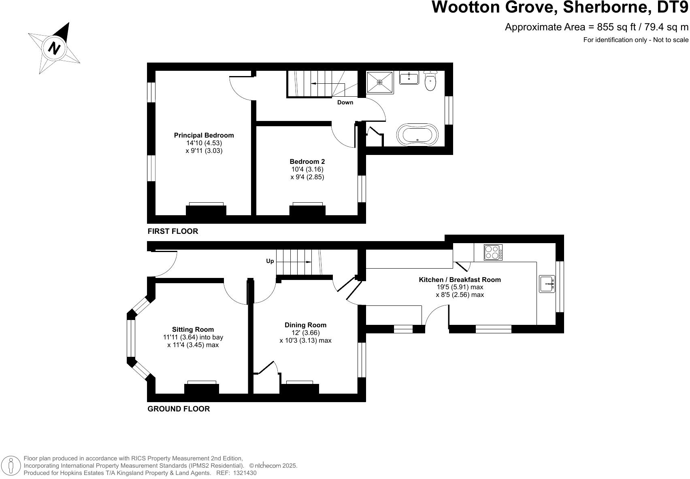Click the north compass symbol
pos(54,48)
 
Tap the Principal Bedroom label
pos(204,136)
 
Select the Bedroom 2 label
pos(307,162)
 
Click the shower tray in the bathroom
pos(379,82)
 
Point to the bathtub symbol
pos(417,134)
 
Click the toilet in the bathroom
pos(430,81)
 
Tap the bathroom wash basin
pos(409,78)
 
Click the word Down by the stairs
pos(345,102)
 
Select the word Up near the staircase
pos(270,261)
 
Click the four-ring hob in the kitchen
pos(493,252)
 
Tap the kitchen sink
pos(547,284)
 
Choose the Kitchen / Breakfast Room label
pos(460,280)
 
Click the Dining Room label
pos(305,325)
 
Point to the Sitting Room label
pos(193,329)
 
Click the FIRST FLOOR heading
pos(173,231)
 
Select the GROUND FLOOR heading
pos(179,409)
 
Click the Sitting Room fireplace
pos(202,388)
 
